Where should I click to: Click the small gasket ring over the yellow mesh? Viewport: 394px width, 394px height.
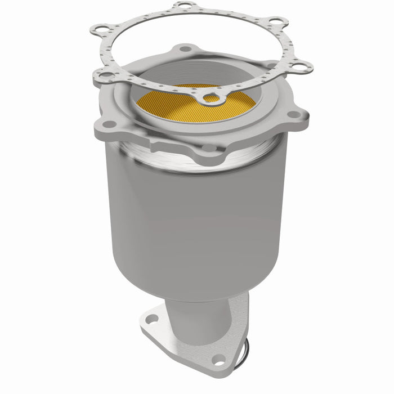(x=212, y=98)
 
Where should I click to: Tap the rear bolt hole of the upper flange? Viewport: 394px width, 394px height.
(x=186, y=49)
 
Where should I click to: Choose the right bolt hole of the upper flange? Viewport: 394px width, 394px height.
(x=293, y=114)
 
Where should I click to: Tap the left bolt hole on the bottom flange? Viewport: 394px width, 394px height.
(x=150, y=319)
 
